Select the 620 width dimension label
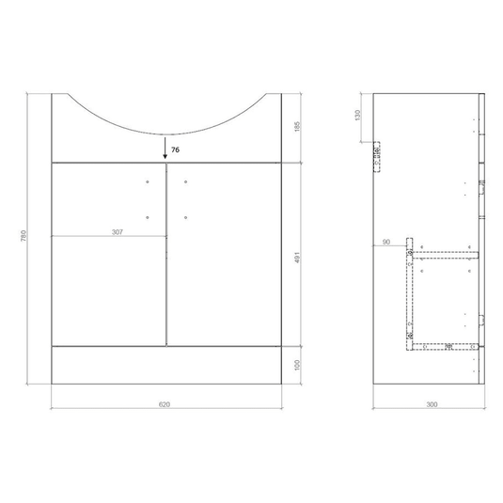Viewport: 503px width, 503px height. coord(165,405)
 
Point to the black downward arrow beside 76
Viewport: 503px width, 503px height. coord(166,147)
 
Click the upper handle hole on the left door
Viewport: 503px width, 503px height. coord(149,181)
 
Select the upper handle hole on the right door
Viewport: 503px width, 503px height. coord(186,181)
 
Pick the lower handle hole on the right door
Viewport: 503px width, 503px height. coord(186,218)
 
